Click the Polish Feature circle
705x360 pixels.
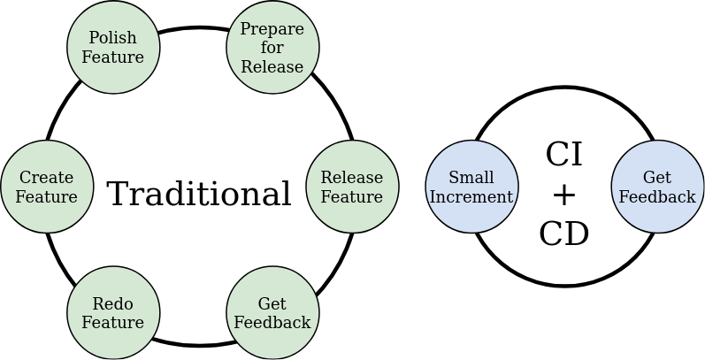pyautogui.click(x=113, y=47)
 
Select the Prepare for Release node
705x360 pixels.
pyautogui.click(x=272, y=47)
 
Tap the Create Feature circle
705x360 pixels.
pyautogui.click(x=47, y=187)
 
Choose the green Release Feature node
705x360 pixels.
pyautogui.click(x=352, y=187)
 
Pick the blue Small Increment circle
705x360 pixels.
pyautogui.click(x=471, y=187)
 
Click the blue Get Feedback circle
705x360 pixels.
pyautogui.click(x=657, y=187)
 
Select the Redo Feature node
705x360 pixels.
pyautogui.click(x=113, y=313)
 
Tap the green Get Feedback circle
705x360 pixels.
pyautogui.click(x=272, y=313)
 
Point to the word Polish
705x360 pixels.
pyautogui.click(x=113, y=38)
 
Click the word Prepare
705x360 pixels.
pyautogui.click(x=272, y=29)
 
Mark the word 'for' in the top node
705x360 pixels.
pyautogui.click(x=272, y=48)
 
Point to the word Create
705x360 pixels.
pyautogui.click(x=47, y=178)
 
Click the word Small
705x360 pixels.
pyautogui.click(x=471, y=178)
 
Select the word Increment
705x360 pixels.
pyautogui.click(x=471, y=196)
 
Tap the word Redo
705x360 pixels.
pyautogui.click(x=113, y=304)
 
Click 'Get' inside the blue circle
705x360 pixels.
pyautogui.click(x=657, y=178)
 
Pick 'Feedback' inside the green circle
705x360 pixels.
pyautogui.click(x=272, y=323)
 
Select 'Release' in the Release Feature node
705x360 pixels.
pyautogui.click(x=352, y=178)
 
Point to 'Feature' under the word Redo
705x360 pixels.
pyautogui.click(x=113, y=323)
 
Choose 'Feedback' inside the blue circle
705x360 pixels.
pyautogui.click(x=657, y=196)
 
